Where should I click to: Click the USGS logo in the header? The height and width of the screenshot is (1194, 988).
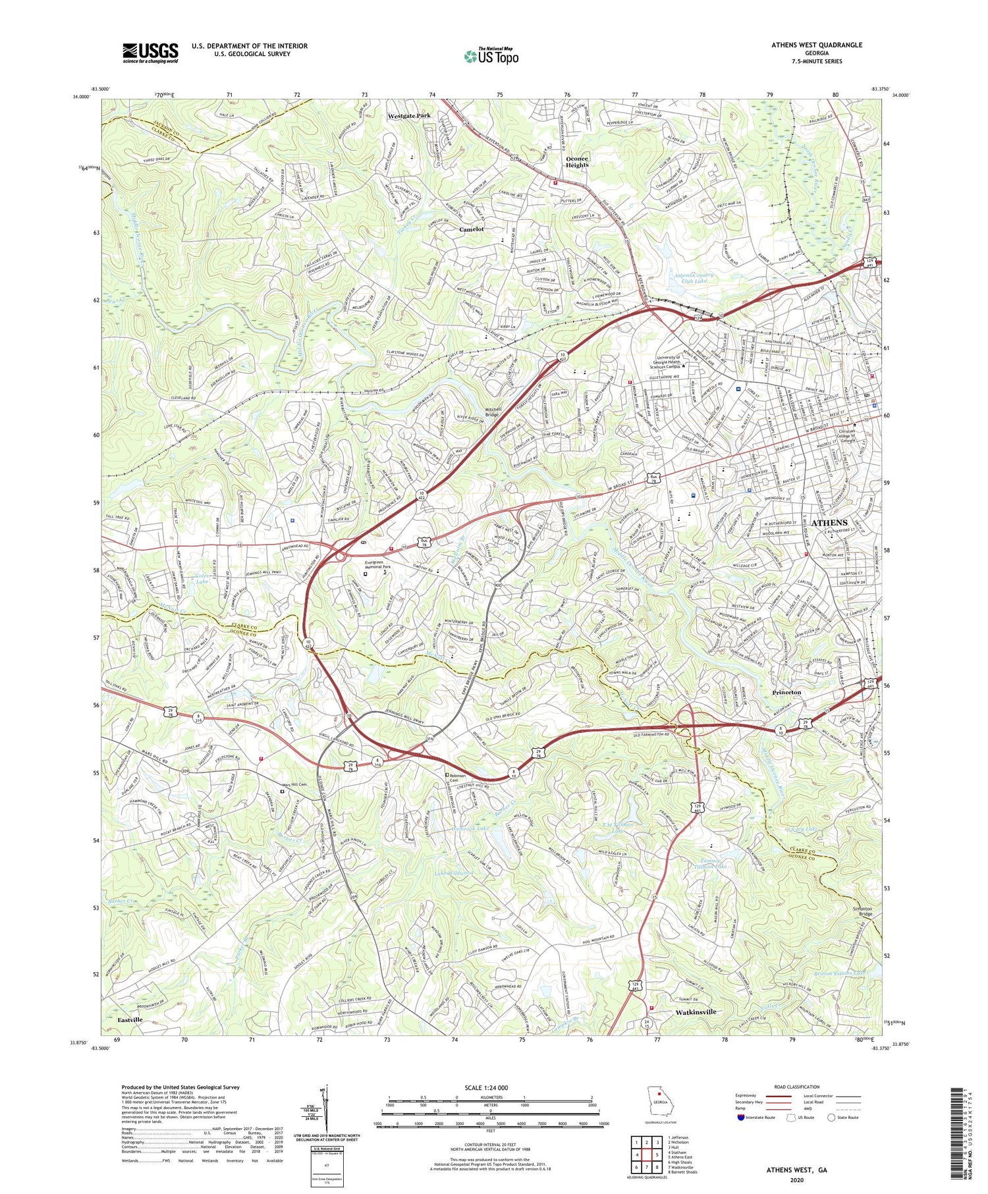tap(150, 53)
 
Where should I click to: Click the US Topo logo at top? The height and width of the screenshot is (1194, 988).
tap(491, 57)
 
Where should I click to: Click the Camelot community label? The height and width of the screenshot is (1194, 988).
tap(471, 229)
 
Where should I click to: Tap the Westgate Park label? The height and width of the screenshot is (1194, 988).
tap(408, 115)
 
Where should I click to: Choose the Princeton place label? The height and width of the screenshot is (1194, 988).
tap(786, 692)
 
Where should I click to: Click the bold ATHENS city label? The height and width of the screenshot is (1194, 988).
tap(829, 523)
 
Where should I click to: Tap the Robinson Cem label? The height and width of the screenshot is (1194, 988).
tap(460, 778)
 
